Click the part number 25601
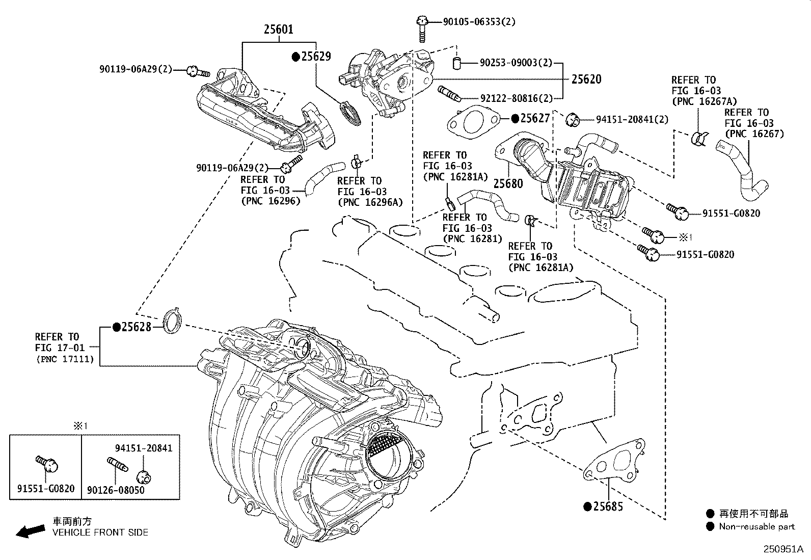pos(279,30)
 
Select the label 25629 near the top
pos(316,57)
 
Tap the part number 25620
pos(586,79)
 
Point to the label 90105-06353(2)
pos(479,22)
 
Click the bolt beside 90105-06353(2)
pos(422,29)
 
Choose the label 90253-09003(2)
pos(516,63)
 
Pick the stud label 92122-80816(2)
pos(516,98)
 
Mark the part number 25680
pos(508,183)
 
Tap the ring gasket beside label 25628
pos(172,321)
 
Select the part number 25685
pos(608,506)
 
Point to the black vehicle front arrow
pos(31,531)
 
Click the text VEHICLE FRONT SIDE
pos(100,532)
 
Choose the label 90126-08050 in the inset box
pos(116,490)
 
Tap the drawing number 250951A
pos(783,549)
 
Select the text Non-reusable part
pos(756,526)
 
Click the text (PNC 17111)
pos(65,359)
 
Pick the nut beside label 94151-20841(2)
pos(572,120)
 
